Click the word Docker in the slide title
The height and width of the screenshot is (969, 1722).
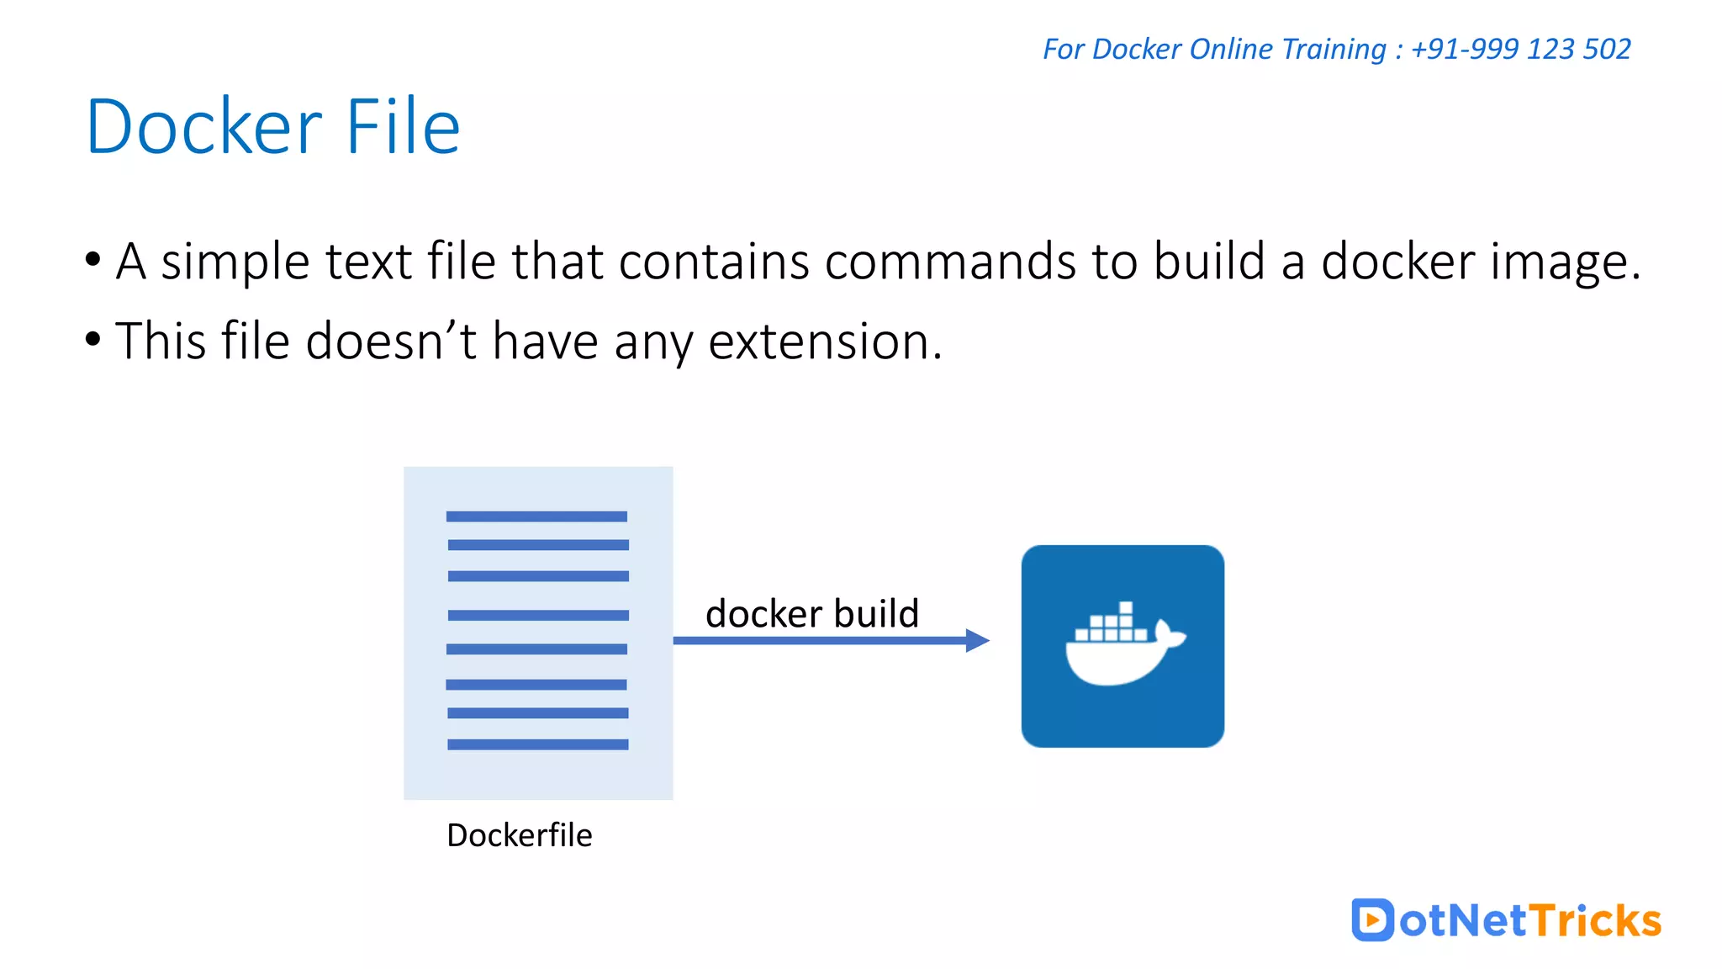coord(203,127)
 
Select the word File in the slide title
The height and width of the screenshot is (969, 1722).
coord(403,127)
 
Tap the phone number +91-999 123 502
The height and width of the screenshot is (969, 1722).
coord(1520,49)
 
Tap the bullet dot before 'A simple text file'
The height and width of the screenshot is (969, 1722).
coord(92,259)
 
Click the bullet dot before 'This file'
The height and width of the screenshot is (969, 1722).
coord(92,339)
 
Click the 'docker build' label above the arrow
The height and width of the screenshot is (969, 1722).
coord(811,613)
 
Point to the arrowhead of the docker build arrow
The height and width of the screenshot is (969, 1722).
coord(977,640)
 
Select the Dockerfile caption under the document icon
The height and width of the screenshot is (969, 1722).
coord(519,835)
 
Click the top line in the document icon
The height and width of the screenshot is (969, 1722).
coord(536,516)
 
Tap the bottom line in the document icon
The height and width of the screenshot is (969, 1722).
coord(537,744)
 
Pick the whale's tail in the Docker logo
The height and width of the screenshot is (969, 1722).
coord(1169,633)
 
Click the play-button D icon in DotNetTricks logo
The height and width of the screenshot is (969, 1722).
coord(1371,919)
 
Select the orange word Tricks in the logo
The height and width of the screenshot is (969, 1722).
coord(1594,920)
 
